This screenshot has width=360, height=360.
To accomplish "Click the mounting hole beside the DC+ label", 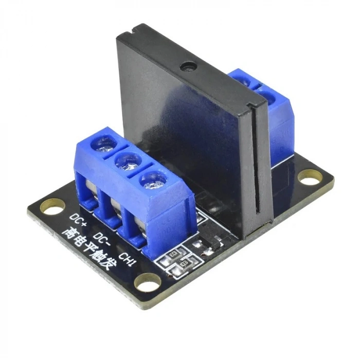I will point(50,208).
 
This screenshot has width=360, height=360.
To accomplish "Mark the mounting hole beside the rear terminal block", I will point(311,177).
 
